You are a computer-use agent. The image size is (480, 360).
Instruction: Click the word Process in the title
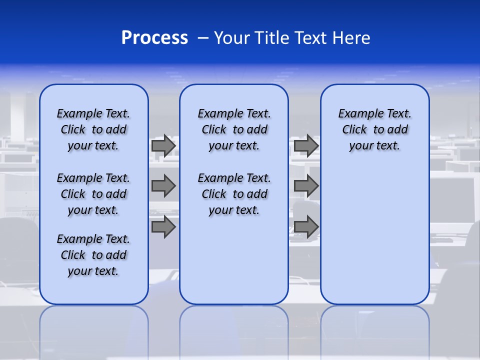point(154,38)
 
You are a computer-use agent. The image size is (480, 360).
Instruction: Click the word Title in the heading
point(271,38)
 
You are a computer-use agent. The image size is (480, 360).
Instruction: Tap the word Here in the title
point(351,38)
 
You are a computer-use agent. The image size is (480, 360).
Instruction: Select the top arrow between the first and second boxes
point(163,146)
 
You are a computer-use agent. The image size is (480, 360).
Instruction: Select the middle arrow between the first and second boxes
point(163,186)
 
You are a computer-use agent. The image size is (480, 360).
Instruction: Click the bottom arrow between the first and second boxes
point(163,227)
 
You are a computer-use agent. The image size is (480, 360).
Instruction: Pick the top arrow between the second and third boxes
point(306,146)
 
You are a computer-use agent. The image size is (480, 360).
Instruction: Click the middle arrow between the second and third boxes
point(306,186)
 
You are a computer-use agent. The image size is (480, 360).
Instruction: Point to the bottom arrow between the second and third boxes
point(306,227)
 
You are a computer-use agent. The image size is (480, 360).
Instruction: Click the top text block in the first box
point(93,129)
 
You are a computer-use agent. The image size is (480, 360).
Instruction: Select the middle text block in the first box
point(93,194)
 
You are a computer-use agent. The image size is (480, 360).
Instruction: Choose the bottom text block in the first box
point(93,255)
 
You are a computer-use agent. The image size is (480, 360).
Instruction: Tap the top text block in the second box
point(234,129)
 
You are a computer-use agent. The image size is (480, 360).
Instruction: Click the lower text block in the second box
point(234,194)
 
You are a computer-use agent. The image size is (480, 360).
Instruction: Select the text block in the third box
point(375,129)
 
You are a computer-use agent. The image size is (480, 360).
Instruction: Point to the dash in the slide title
point(203,38)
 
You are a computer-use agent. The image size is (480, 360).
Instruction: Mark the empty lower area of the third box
point(375,235)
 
